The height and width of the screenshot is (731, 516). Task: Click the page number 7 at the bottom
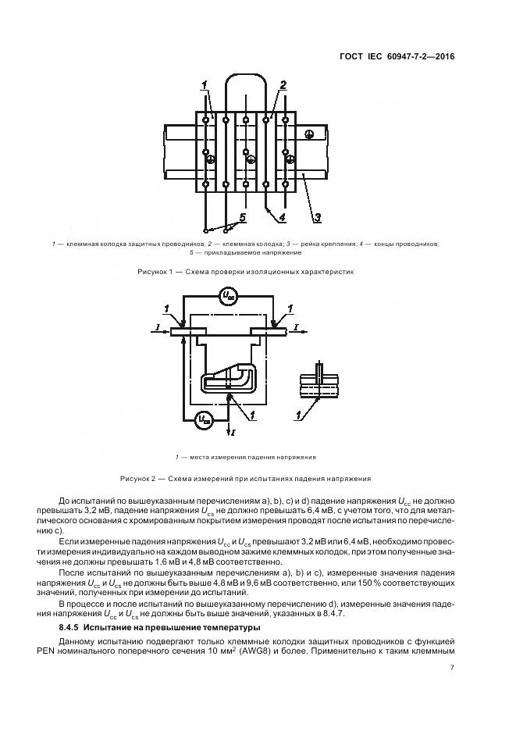tap(453, 668)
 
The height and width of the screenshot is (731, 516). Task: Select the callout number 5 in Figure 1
tap(242, 216)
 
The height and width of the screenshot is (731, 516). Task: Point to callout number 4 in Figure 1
tap(283, 216)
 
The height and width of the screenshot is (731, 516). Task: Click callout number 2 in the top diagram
tap(283, 85)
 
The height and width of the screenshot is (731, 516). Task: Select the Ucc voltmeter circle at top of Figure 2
tap(227, 296)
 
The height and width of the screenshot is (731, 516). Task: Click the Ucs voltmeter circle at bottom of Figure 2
tap(204, 419)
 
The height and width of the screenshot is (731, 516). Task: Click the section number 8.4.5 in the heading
tap(71, 627)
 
